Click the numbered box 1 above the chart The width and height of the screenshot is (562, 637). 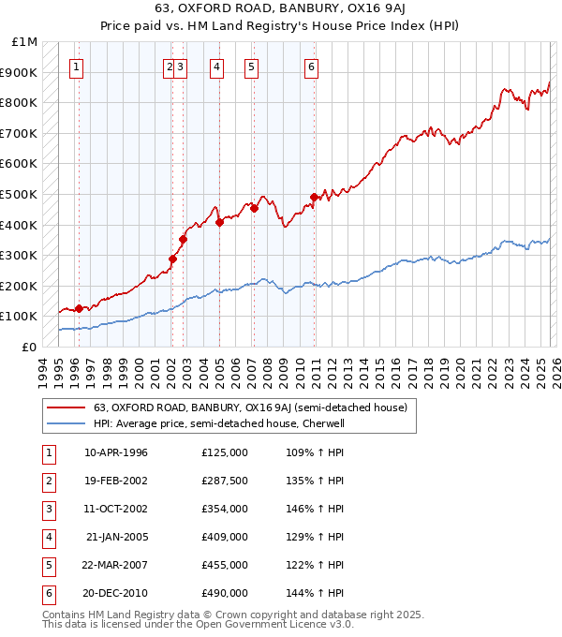pos(76,67)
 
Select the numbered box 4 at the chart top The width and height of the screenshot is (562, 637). pos(216,67)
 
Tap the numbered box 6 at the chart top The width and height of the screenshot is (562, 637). pos(311,67)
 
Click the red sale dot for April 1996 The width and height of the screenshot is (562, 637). pos(80,308)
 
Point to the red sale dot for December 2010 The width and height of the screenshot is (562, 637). pos(314,197)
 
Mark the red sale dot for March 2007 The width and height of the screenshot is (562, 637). pos(254,208)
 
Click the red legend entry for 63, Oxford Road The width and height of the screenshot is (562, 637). pos(249,407)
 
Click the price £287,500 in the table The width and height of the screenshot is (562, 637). pos(224,481)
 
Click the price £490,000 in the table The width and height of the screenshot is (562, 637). pos(224,593)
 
